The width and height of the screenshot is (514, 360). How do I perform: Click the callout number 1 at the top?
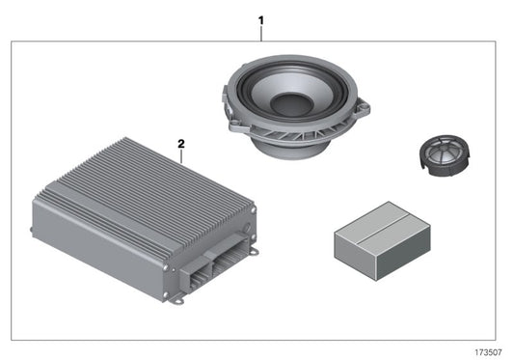(x=259, y=19)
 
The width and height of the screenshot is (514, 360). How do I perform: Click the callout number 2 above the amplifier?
(x=180, y=143)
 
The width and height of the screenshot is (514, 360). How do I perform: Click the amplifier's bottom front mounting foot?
(x=178, y=299)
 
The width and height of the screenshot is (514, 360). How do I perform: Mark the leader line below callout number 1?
(x=260, y=34)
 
